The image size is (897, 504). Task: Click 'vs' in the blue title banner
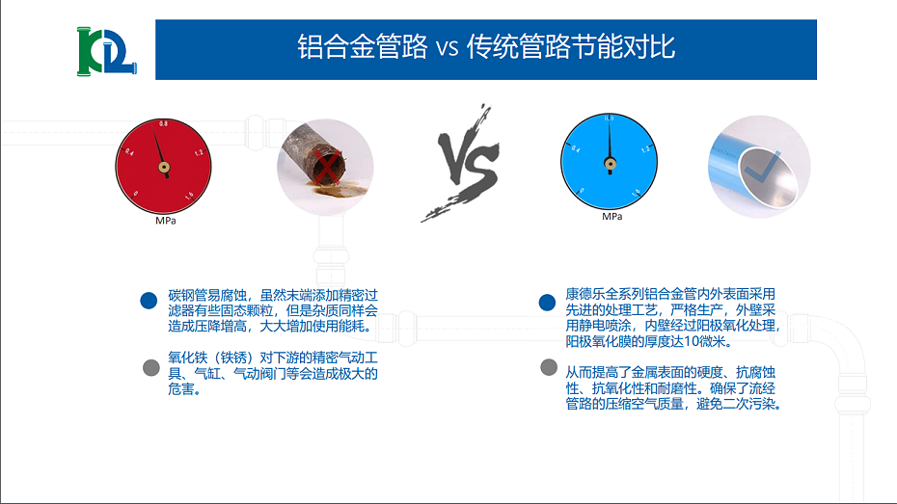[446, 47]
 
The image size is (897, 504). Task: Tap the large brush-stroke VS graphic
[459, 164]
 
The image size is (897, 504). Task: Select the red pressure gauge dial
[165, 166]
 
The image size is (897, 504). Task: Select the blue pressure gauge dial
[610, 161]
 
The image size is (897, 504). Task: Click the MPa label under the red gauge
[165, 221]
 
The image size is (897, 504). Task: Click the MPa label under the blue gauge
[611, 216]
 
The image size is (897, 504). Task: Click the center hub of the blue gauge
[610, 162]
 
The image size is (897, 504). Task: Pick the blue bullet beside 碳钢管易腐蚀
[149, 300]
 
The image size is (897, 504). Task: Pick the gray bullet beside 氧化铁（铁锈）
[149, 367]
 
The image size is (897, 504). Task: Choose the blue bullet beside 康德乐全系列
[547, 303]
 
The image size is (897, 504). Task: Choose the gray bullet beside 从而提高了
[548, 367]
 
